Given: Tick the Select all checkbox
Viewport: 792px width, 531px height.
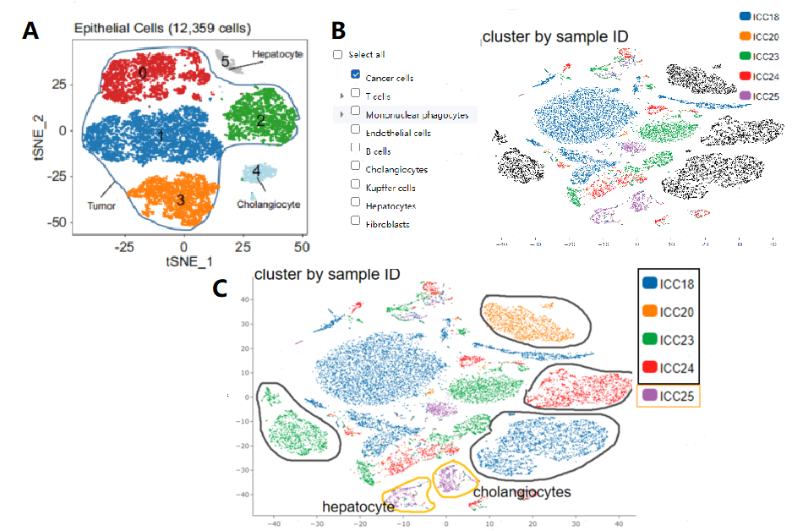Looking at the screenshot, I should tap(338, 54).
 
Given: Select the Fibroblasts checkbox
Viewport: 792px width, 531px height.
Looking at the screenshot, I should tap(355, 222).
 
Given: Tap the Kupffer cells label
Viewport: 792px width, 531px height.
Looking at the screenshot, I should tap(394, 188).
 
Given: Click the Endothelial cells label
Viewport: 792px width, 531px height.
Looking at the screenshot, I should tap(398, 133).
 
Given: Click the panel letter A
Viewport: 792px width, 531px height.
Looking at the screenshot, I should tap(31, 30).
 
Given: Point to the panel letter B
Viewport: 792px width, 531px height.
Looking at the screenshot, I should tap(337, 31).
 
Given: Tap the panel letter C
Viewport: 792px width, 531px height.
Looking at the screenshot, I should tap(220, 288).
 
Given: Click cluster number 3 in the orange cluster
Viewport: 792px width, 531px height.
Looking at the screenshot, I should tap(180, 200).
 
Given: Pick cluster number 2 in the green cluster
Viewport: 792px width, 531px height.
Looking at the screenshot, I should tap(261, 121).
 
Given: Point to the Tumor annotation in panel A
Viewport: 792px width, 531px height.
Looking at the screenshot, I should tap(101, 205).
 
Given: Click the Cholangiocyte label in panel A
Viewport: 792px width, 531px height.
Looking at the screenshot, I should tap(267, 205).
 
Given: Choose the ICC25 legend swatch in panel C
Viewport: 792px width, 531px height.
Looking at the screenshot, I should tap(649, 395).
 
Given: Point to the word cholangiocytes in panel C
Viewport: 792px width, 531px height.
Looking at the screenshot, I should tap(522, 492).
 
